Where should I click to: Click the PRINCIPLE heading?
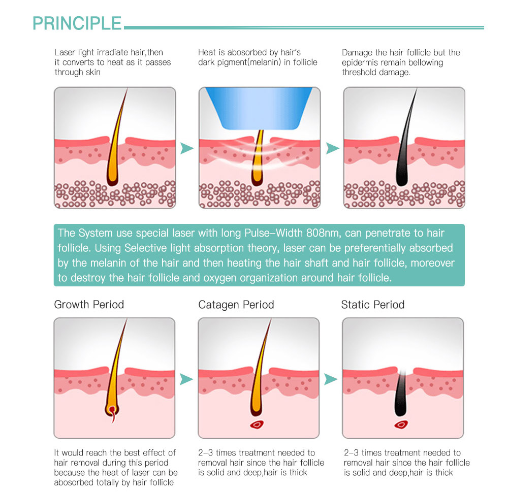pos(77,23)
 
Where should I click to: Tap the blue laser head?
pos(259,108)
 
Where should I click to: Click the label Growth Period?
pos(89,305)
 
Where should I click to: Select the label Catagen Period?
pos(236,305)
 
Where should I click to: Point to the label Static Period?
pos(372,305)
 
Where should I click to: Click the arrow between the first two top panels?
pos(186,148)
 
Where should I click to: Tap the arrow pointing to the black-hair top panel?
pos(332,148)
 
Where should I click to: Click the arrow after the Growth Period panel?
pos(186,379)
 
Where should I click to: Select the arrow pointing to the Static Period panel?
pos(331,379)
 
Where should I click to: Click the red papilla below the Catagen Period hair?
pos(257,424)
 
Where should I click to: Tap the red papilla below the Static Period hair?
pos(401,424)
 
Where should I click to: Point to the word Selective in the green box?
pos(144,248)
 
